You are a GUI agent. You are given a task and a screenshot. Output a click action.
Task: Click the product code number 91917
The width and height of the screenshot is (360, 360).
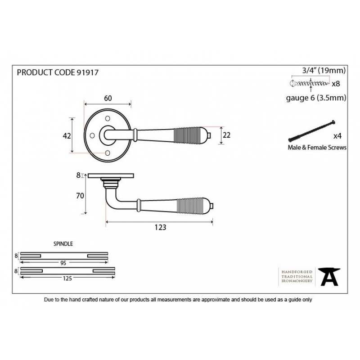point(87,72)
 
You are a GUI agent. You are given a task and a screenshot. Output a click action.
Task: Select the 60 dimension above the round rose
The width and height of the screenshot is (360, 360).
point(108,98)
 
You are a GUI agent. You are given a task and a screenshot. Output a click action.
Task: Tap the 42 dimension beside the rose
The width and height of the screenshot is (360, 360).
point(67,136)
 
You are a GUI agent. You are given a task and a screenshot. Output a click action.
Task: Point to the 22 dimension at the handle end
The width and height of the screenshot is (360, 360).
point(226,135)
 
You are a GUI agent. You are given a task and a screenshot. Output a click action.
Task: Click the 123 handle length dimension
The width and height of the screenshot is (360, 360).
point(160,227)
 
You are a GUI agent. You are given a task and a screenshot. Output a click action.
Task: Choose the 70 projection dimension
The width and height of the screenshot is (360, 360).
point(80,196)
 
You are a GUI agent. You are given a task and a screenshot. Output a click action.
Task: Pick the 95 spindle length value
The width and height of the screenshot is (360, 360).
point(63,263)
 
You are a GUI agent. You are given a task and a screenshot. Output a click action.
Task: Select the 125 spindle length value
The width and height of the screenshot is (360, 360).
point(67,279)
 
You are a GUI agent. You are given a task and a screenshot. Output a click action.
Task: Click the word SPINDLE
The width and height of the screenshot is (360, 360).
point(63,244)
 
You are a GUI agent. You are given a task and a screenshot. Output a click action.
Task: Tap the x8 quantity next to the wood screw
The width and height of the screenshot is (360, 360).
point(336,84)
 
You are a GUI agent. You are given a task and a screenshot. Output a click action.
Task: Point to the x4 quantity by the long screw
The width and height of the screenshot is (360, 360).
point(337,136)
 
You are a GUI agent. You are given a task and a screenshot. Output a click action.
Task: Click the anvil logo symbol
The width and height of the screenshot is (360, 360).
point(329,277)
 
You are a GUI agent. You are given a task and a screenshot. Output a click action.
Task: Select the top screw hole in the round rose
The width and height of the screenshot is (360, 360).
point(108,118)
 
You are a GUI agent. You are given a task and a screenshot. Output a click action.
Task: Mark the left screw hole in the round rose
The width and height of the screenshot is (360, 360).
point(92,135)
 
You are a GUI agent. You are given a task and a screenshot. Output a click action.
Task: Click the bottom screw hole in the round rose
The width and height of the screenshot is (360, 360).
point(108,153)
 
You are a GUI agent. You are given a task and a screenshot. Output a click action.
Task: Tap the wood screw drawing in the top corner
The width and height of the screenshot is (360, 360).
point(309,83)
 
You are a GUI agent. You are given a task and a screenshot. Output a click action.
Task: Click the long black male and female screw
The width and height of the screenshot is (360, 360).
point(311,131)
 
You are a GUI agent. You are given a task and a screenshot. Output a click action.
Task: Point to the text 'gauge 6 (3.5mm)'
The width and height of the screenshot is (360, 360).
point(316,98)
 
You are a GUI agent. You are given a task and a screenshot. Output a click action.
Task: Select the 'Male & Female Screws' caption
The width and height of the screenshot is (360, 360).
point(317,148)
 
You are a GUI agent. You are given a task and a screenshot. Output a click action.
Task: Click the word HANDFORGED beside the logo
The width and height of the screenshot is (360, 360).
point(297,272)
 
